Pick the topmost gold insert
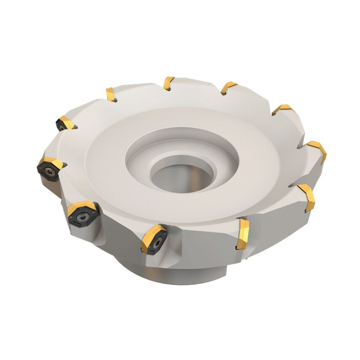click(169, 83)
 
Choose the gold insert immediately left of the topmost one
click(110, 94)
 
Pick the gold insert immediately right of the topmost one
click(228, 87)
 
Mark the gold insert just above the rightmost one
click(282, 109)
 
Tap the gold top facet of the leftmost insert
click(51, 162)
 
